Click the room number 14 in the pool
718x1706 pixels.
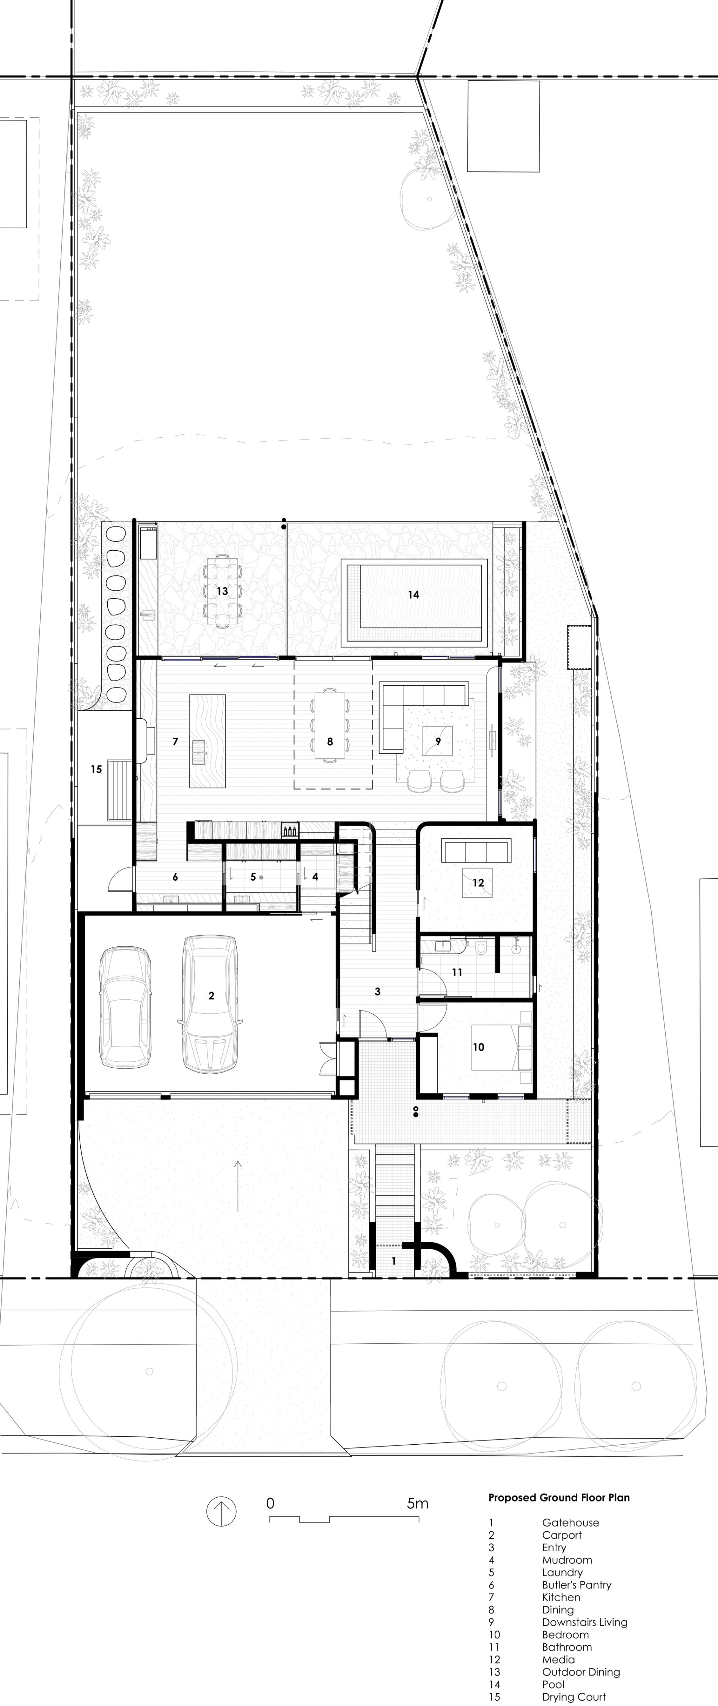point(413,595)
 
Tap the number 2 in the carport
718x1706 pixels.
point(211,995)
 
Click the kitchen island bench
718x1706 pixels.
point(207,740)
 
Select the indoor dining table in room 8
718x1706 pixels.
point(330,724)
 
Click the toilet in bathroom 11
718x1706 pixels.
point(482,948)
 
